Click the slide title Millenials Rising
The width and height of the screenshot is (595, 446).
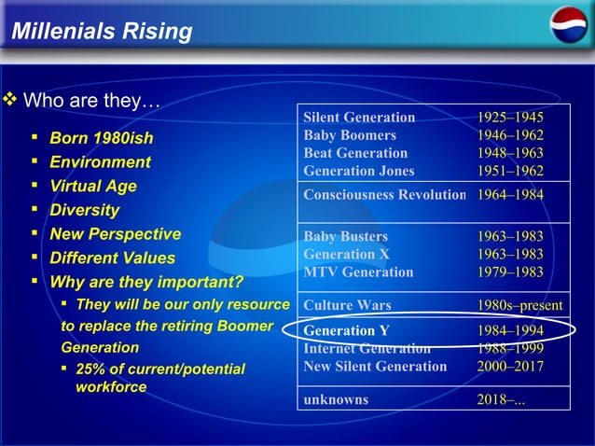click(x=102, y=33)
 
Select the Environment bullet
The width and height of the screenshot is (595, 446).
click(x=100, y=162)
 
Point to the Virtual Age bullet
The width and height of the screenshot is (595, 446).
click(x=92, y=186)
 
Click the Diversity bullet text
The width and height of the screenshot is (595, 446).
click(x=84, y=210)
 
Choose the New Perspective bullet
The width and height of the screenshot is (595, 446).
click(x=115, y=234)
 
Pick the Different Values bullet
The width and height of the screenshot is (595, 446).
click(x=112, y=258)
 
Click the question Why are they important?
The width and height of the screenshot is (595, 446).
click(x=145, y=282)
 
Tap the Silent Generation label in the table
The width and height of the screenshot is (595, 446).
click(x=359, y=118)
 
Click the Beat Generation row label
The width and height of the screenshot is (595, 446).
click(x=355, y=153)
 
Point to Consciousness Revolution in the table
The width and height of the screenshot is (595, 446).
click(x=384, y=195)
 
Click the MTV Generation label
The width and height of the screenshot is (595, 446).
click(x=358, y=272)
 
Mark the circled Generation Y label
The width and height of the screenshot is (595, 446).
click(x=346, y=331)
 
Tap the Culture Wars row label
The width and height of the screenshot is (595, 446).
click(x=347, y=305)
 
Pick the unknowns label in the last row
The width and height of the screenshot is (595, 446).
click(x=336, y=399)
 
